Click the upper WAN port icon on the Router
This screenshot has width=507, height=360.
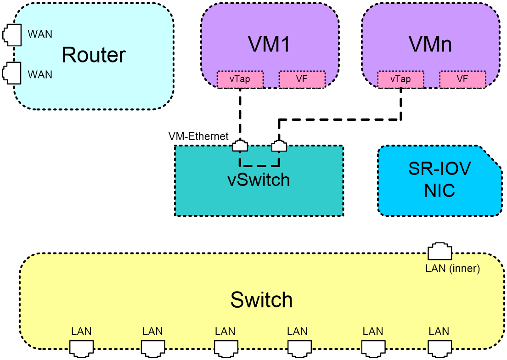coord(12,35)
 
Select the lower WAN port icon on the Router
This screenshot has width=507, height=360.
coord(12,73)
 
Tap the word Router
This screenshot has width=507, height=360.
coord(93,55)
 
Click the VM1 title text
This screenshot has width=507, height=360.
coord(269,44)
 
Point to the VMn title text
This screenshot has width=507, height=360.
coord(430,44)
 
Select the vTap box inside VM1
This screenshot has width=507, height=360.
coord(240,79)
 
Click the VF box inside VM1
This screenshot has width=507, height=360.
coord(302,79)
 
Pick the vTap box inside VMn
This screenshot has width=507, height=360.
coord(400,79)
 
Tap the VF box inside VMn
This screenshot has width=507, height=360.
coord(462,79)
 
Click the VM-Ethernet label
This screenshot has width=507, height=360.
coord(198,136)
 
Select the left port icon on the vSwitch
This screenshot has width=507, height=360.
coord(240,146)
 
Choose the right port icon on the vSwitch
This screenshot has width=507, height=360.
coord(279,146)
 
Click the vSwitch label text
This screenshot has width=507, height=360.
coord(259,180)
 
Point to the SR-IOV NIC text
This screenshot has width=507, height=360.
coord(439,180)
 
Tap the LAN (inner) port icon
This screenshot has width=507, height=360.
coord(440,251)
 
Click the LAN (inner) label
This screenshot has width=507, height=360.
coord(452,268)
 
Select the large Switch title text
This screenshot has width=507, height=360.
coord(261,299)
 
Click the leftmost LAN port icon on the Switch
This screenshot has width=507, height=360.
coord(81,349)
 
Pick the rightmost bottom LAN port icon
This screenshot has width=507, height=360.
coord(440,349)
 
